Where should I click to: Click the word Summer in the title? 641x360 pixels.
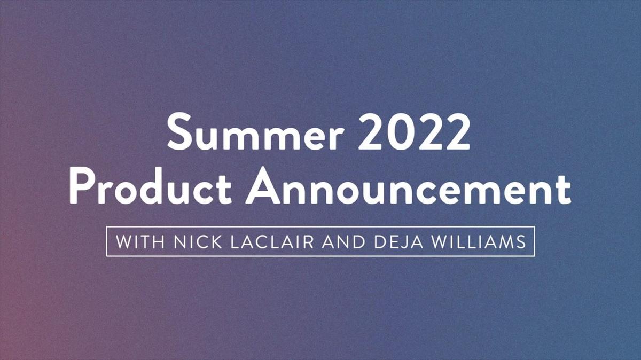255,131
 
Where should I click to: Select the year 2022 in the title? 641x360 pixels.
414,131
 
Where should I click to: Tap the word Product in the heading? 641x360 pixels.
150,186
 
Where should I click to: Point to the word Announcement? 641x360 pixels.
408,186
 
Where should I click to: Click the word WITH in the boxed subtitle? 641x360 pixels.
140,242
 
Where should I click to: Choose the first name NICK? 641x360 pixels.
198,242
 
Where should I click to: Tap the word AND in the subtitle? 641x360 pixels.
343,242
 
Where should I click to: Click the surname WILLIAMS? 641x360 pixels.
479,242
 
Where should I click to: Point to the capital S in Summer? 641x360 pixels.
179,131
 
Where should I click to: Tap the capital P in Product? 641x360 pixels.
82,186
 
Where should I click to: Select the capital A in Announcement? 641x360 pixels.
263,186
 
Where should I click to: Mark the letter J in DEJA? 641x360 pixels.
402,242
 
